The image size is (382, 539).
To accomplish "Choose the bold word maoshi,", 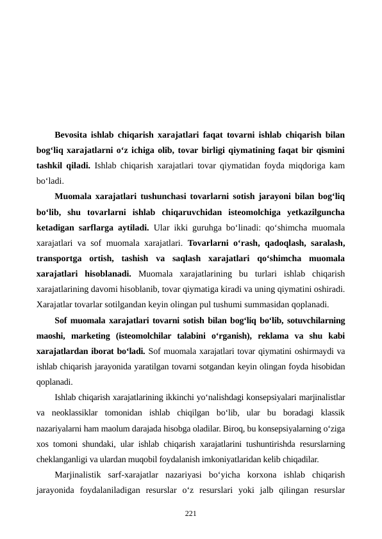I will coord(51,335).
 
